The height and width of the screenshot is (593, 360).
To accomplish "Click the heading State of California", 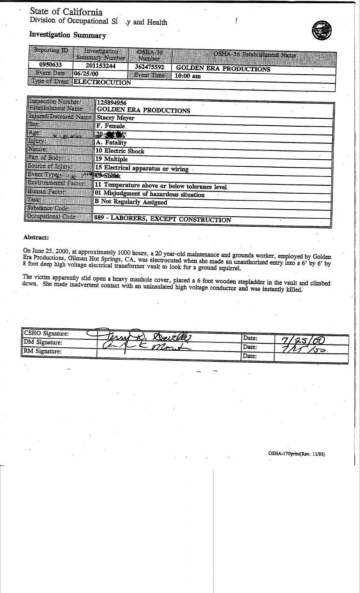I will pos(66,12).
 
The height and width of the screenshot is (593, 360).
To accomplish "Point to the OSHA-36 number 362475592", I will pos(149,67).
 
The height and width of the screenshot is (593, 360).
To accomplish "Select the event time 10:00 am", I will pos(187,76).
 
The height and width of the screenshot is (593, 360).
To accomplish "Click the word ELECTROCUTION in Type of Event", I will pos(102,82).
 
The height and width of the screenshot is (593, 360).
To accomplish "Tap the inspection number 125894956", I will pos(112,102).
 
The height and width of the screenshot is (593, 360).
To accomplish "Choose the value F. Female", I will pos(110,126).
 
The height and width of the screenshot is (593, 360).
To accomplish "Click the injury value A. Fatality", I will pos(111,143).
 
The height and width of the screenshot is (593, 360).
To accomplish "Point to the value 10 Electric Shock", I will pos(120,151).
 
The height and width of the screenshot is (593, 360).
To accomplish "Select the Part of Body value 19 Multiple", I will pos(112,159).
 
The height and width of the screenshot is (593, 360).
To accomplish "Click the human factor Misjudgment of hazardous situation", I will pos(150,194).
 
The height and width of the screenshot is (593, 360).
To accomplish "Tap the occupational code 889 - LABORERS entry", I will pos(162,219).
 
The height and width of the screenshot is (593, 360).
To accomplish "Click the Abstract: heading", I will pos(36,238).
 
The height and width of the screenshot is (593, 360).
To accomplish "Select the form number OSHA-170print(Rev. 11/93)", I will pos(296,453).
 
